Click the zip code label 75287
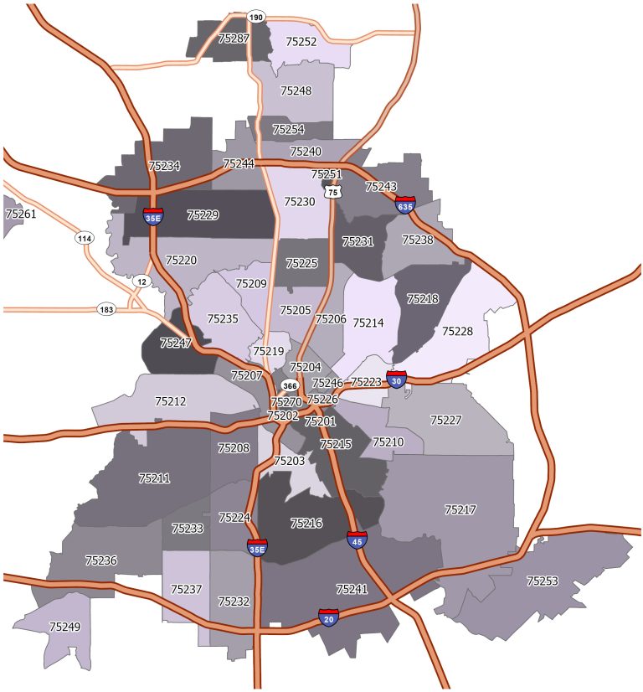(x=234, y=39)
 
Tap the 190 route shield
(x=256, y=17)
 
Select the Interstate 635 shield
(x=405, y=204)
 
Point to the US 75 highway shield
(x=334, y=192)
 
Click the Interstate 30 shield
(x=396, y=380)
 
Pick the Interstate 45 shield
(x=357, y=539)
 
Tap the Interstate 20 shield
(x=329, y=617)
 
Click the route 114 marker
(x=84, y=239)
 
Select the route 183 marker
(x=105, y=308)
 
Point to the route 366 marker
(x=290, y=385)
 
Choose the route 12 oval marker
(x=141, y=281)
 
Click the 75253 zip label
(x=543, y=580)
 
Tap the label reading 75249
(x=65, y=627)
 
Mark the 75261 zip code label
(x=21, y=214)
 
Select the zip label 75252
(x=301, y=40)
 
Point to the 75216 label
(x=306, y=524)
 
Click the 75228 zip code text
(x=458, y=331)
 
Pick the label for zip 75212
(x=171, y=401)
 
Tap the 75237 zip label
(x=187, y=590)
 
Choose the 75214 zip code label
(x=368, y=323)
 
